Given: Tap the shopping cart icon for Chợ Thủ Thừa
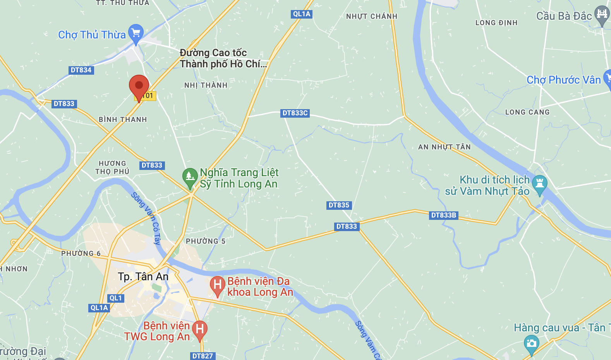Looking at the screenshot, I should pos(136,33).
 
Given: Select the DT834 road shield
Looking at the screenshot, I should pos(81,70).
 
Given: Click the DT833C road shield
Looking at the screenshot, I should pos(295,113).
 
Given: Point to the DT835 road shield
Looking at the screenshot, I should pos(339,205).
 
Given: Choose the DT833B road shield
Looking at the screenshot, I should pos(444,215).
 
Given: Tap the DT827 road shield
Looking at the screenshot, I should pos(203,356).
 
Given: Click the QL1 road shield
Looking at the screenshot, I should pos(116,298).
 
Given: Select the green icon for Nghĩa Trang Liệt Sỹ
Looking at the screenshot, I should pos(190,177).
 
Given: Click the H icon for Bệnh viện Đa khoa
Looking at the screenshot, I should pos(218,285).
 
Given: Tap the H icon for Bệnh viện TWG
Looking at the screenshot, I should pos(200,330).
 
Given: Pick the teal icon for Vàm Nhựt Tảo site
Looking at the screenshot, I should pos(539,184).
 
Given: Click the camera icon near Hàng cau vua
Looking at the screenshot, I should pos(531,344).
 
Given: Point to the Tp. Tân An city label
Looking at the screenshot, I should pos(143,276).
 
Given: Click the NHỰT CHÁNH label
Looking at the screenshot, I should pos(372,16).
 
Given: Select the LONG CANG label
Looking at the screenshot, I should pos(527,112).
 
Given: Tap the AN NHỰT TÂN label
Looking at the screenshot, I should pos(444,147).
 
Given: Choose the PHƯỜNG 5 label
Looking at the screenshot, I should pos(206,241).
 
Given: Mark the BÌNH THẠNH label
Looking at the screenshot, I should pos(123,120).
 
